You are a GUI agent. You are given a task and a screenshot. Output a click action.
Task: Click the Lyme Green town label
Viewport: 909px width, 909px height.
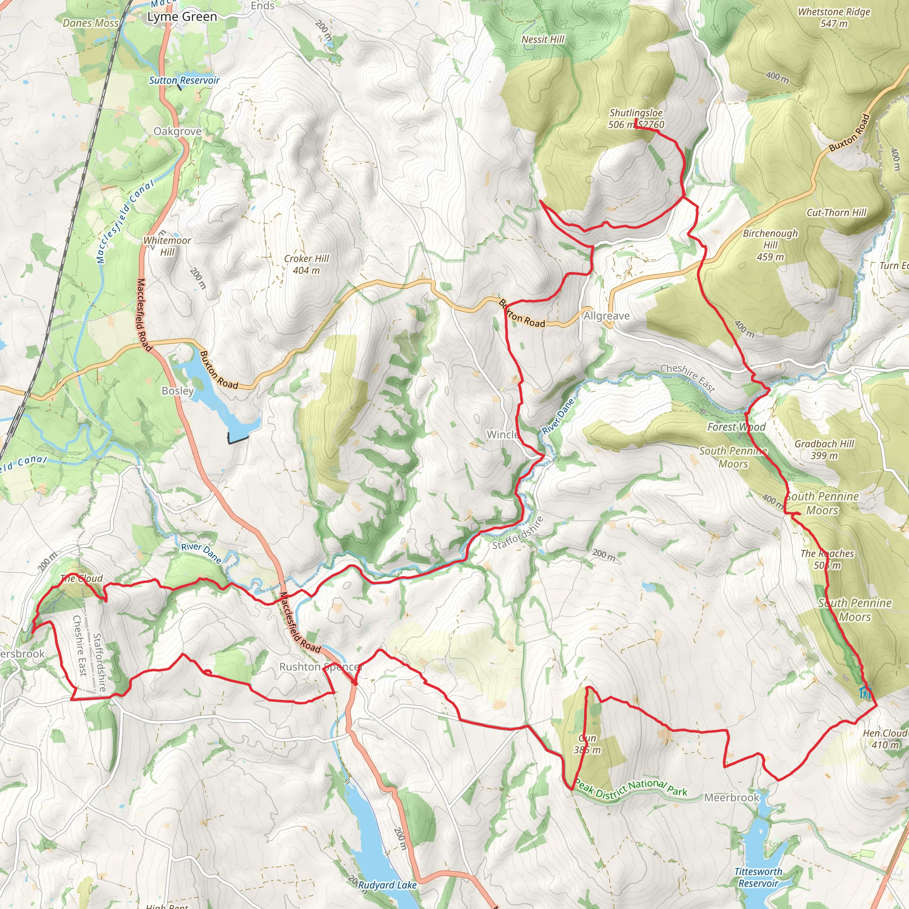(x=182, y=17)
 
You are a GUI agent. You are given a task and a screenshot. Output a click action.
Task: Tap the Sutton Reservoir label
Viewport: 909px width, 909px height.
(x=184, y=80)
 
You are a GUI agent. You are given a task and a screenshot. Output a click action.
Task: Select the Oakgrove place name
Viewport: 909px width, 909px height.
(x=178, y=131)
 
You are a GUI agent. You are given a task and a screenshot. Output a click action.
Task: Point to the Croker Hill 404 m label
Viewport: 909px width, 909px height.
(x=306, y=265)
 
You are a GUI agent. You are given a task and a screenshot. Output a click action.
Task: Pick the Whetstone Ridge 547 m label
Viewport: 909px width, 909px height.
(x=834, y=18)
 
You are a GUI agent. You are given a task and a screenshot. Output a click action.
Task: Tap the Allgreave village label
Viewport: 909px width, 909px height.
(x=606, y=316)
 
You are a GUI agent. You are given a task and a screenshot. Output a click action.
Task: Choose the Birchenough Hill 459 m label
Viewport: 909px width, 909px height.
(x=770, y=245)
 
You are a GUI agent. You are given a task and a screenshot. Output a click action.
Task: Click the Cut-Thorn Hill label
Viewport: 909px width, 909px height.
(x=836, y=213)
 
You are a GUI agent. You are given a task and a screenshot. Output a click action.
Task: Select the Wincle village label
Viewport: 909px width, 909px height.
(x=502, y=434)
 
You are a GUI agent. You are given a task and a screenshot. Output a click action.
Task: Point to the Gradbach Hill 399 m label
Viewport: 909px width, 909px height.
(x=824, y=449)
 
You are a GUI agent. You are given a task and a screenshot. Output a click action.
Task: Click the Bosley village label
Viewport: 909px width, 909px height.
(x=178, y=391)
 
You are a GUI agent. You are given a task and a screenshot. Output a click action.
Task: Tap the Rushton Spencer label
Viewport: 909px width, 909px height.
(x=320, y=667)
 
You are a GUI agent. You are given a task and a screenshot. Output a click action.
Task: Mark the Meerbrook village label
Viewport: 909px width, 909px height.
(x=731, y=798)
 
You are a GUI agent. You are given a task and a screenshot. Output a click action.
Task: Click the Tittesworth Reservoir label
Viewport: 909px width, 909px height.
(x=758, y=877)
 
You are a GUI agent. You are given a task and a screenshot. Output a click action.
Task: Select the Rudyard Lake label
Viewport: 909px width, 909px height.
(x=387, y=885)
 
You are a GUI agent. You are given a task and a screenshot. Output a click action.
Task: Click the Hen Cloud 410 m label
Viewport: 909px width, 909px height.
(x=885, y=739)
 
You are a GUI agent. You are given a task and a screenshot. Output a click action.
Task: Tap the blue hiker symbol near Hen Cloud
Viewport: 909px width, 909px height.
(x=865, y=692)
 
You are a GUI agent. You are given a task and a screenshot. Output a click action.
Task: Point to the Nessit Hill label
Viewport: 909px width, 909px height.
(x=542, y=40)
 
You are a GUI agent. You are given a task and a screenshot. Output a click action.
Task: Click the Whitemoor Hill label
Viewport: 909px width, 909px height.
(x=167, y=246)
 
